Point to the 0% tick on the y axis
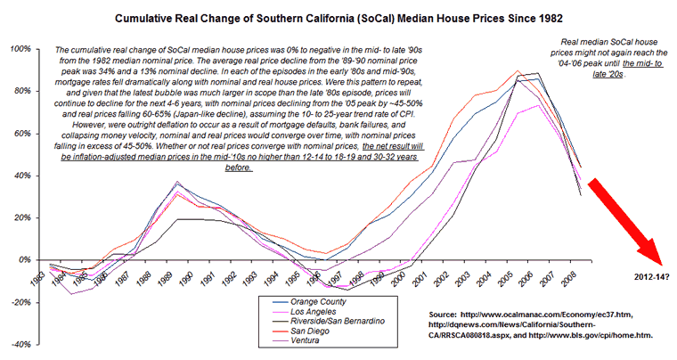tap(24, 259)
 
